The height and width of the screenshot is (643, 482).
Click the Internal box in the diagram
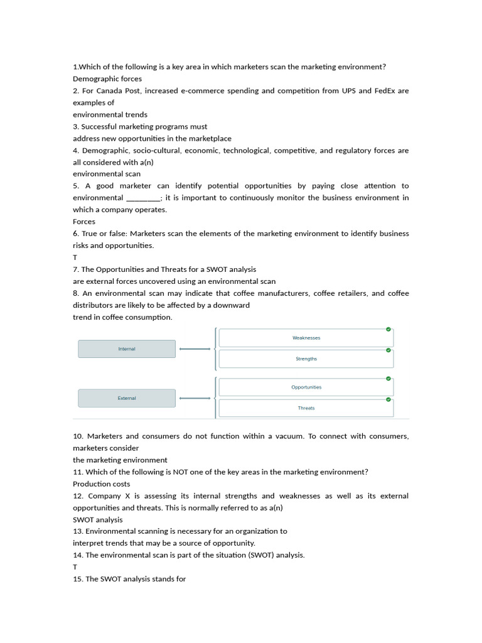[127, 349]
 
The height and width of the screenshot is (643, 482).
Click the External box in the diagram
[127, 398]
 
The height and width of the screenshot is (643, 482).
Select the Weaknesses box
[306, 338]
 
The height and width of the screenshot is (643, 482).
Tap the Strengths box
[306, 359]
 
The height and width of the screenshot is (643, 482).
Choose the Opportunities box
[306, 387]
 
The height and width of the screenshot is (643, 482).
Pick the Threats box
[306, 408]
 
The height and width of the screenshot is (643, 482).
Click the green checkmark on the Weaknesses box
[388, 329]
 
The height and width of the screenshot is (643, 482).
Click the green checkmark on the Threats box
[388, 399]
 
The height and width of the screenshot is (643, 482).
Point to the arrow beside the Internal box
[195, 349]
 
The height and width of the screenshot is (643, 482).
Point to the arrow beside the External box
[195, 398]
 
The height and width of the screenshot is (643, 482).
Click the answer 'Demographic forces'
[107, 79]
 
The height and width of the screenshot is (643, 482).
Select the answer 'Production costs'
[102, 484]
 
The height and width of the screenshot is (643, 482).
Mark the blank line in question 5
[143, 198]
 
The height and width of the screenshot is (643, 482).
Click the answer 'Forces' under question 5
[84, 222]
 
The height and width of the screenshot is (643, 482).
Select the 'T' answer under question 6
[75, 257]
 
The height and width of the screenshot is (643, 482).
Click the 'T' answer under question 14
[75, 567]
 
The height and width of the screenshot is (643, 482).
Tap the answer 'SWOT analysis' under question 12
[98, 520]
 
